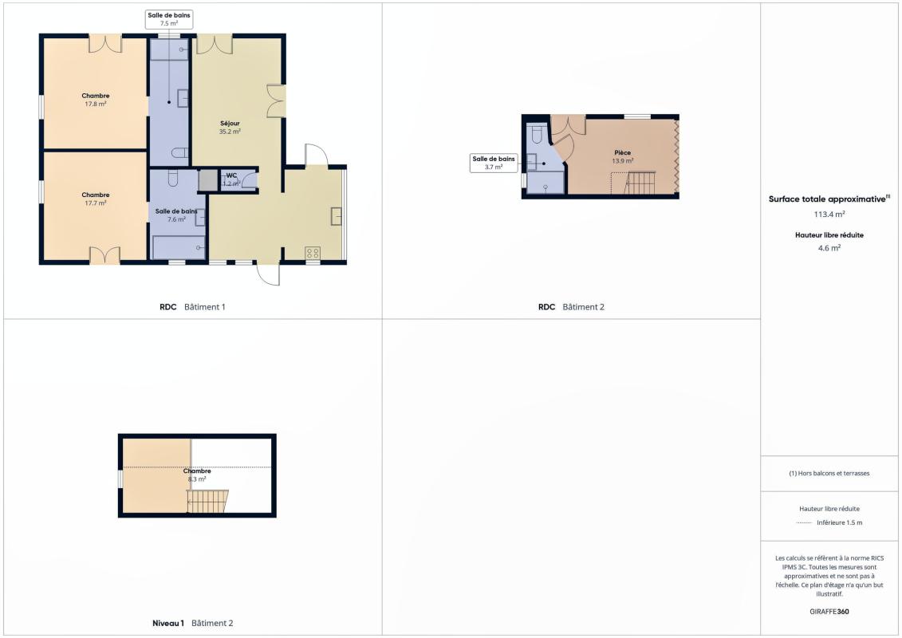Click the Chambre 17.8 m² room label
click(96, 100)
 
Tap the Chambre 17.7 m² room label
click(96, 199)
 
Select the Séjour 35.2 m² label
click(230, 127)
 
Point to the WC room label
click(231, 175)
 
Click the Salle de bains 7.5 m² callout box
click(168, 19)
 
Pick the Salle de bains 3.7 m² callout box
click(494, 163)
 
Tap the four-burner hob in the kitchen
click(313, 253)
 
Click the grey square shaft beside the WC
click(207, 180)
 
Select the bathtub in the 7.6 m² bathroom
click(179, 247)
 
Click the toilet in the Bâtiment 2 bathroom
click(537, 135)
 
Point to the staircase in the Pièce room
click(640, 183)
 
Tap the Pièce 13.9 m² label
click(622, 157)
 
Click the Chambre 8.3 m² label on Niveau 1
click(197, 475)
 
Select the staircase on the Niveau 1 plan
click(207, 501)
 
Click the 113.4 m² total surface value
click(829, 214)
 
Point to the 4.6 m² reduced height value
click(829, 248)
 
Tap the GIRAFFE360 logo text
click(829, 612)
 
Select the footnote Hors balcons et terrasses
click(829, 474)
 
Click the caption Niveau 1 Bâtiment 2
click(193, 623)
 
